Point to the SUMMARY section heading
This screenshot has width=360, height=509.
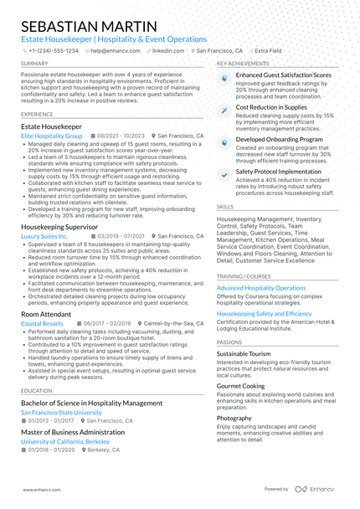click(34, 64)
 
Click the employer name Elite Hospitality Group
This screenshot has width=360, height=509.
click(52, 135)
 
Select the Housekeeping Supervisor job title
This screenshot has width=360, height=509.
click(59, 227)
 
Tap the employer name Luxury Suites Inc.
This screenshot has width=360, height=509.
click(45, 237)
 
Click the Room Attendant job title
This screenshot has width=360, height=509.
click(47, 314)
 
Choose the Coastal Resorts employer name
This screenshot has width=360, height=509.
click(42, 323)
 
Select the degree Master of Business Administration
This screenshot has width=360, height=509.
click(73, 432)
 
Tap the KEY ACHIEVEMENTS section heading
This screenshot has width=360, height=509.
click(243, 64)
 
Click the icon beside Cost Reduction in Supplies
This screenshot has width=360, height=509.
click(224, 110)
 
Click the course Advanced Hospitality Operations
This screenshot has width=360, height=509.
click(261, 287)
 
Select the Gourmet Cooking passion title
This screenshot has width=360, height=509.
click(240, 386)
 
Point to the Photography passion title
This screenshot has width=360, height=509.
click(234, 418)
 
